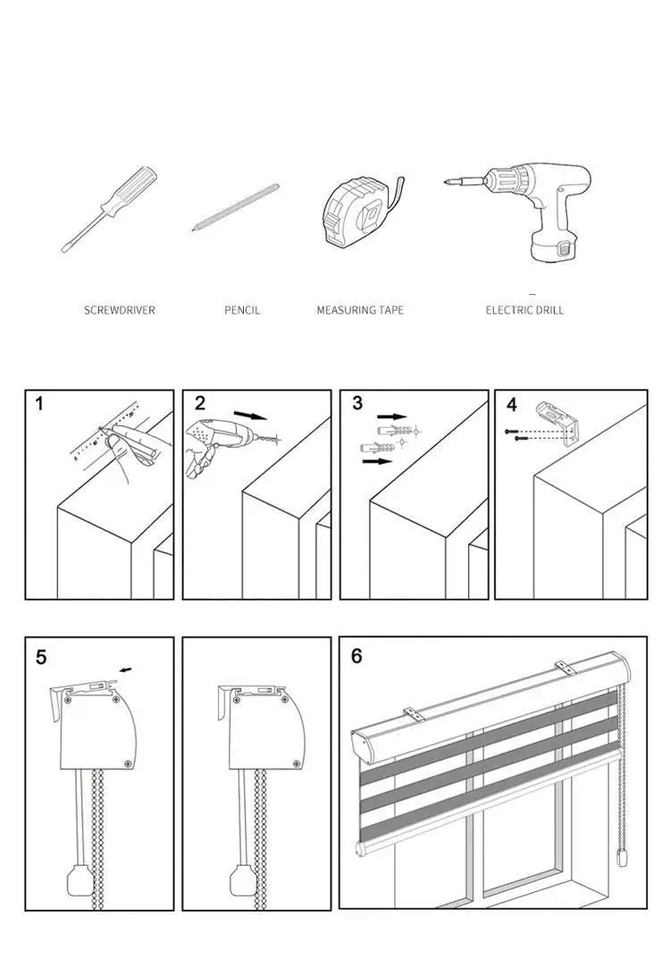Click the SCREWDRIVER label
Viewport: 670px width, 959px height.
point(119,310)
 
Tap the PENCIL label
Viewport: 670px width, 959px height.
point(242,310)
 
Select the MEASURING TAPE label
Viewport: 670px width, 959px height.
point(360,310)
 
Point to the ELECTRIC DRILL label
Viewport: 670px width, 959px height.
point(524,310)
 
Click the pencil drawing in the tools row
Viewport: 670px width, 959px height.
point(235,207)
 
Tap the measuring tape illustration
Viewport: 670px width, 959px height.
point(361,211)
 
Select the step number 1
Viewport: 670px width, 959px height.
point(39,404)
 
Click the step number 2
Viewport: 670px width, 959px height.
point(200,404)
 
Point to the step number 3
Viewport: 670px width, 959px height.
point(357,403)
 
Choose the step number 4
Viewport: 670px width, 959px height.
point(512,405)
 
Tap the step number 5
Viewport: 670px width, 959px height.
point(41,658)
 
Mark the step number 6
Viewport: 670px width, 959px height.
point(356,656)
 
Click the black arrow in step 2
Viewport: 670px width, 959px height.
point(251,416)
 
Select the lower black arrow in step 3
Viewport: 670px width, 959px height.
point(377,460)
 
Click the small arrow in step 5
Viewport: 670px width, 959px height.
point(125,670)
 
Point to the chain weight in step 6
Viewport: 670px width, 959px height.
point(623,858)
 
